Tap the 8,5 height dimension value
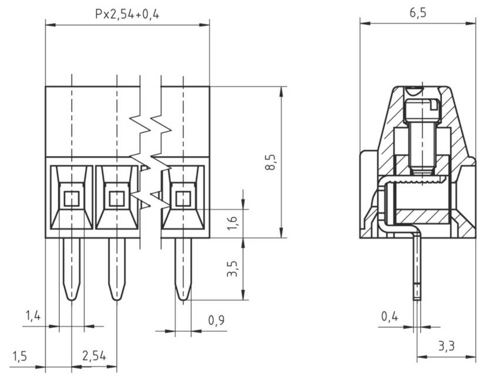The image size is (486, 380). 271,162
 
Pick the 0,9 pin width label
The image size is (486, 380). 216,320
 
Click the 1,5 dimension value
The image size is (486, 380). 19,357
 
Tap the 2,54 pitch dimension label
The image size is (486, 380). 94,357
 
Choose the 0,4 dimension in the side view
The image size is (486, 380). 389,317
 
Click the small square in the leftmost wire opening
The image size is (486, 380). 71,199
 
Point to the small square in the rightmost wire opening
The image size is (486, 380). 183,199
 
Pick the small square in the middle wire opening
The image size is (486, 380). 117,199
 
